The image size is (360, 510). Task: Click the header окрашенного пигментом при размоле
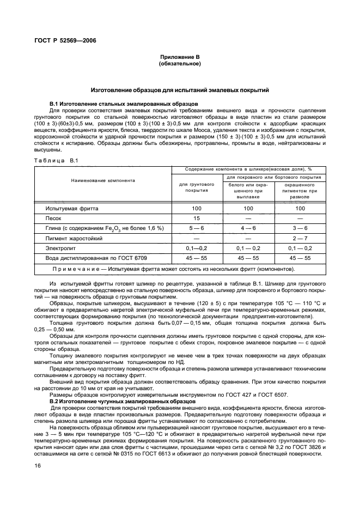[300, 191]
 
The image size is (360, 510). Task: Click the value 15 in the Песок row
[197, 218]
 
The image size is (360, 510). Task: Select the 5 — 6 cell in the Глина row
[197, 228]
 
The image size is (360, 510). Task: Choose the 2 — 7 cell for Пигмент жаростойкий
[300, 239]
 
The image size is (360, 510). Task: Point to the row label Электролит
[61, 249]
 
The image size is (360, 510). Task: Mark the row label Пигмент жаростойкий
[75, 239]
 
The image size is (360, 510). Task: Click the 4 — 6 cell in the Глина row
[248, 228]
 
